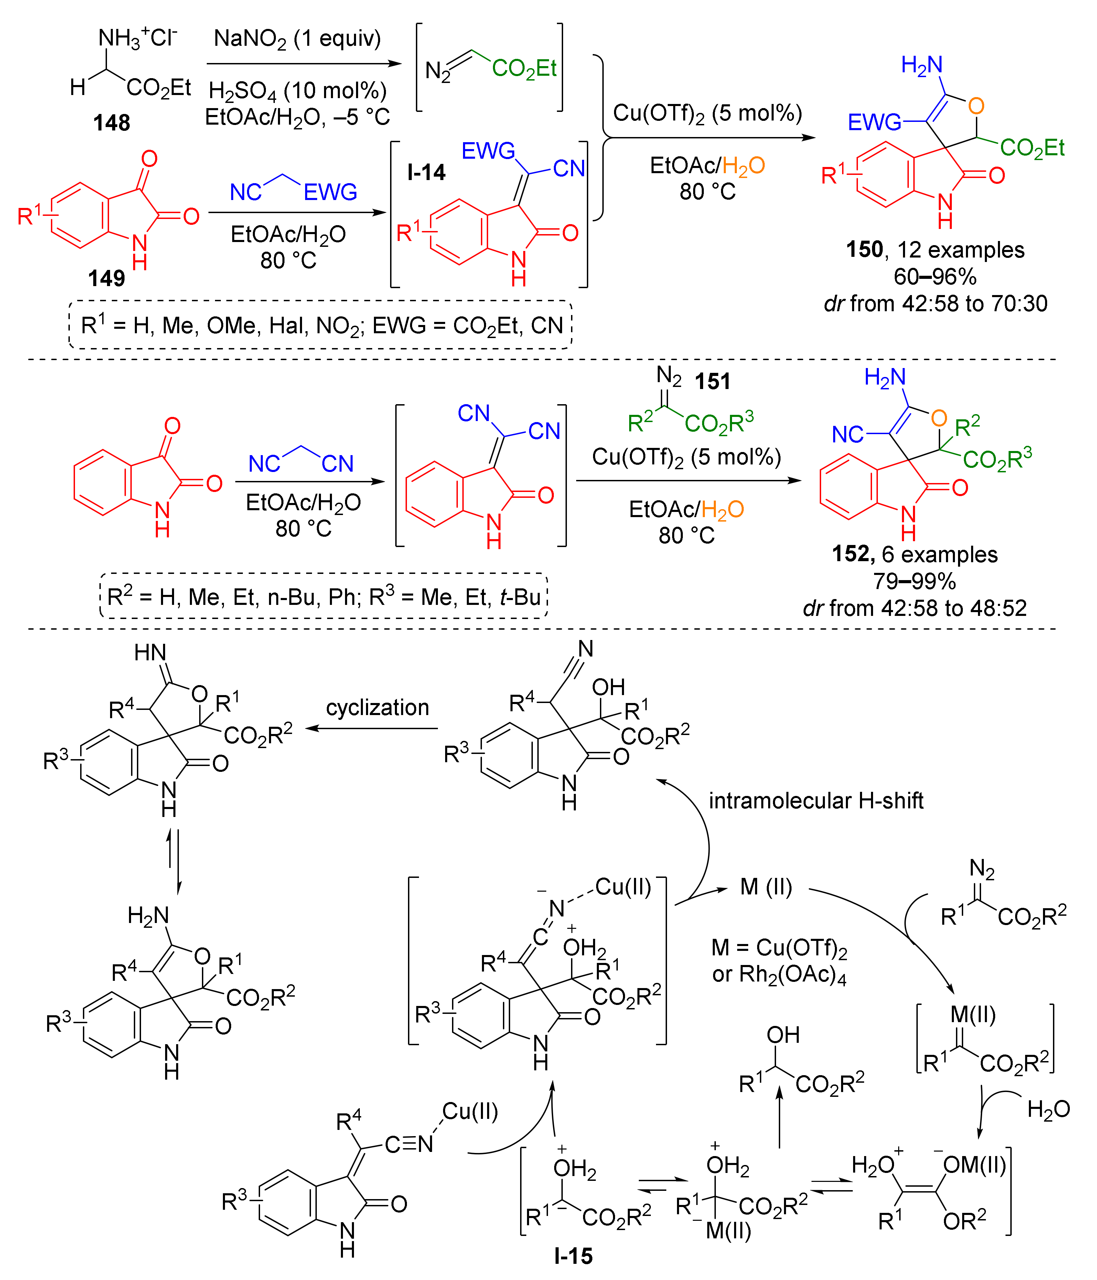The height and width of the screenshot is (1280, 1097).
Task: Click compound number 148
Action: click(x=112, y=123)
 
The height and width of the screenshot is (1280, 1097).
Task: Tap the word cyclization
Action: click(x=377, y=707)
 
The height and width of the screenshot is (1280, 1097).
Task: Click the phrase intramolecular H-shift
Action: click(x=816, y=801)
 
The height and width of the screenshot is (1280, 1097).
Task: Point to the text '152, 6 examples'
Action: click(x=914, y=554)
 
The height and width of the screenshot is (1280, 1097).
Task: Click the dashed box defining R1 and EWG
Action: click(x=321, y=325)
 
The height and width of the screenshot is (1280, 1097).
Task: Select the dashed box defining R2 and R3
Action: click(x=323, y=596)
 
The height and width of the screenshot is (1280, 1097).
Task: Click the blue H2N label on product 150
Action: click(x=921, y=64)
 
